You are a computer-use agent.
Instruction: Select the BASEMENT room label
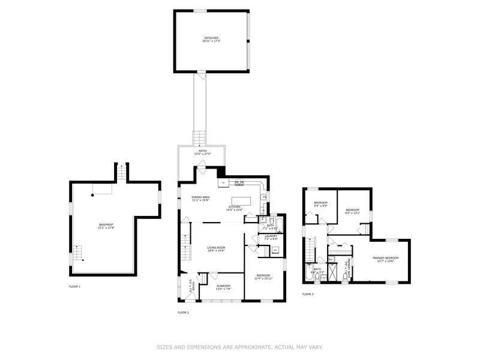pos(106,226)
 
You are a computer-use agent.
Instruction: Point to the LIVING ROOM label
pos(216,248)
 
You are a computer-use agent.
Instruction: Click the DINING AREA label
pos(200,199)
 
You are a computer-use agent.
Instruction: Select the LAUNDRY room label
pos(271,237)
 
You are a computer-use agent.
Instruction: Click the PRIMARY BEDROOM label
pos(385,259)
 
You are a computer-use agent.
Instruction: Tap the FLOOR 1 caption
pos(74,287)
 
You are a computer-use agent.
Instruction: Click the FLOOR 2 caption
pos(183,313)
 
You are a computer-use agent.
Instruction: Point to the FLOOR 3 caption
pos(308,294)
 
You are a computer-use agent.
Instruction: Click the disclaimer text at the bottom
pos(240,347)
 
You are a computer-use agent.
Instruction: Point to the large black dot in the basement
pos(92,194)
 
